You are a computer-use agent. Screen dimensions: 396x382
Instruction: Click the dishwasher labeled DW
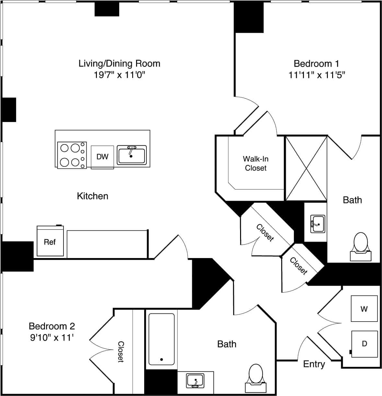[102, 157]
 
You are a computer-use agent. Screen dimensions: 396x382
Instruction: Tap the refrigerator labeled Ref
[50, 242]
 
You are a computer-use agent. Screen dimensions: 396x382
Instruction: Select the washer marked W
[364, 309]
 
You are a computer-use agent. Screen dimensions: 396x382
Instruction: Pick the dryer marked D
[365, 344]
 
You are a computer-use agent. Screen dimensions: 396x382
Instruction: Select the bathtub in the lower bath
[161, 339]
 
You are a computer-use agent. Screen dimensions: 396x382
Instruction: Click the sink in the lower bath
[195, 380]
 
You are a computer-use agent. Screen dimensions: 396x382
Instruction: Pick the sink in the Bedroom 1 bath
[318, 223]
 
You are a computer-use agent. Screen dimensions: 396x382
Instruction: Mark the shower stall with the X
[306, 168]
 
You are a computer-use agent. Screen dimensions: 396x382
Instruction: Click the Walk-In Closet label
[256, 164]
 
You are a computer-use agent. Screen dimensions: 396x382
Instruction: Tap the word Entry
[314, 364]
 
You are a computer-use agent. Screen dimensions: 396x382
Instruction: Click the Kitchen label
[92, 196]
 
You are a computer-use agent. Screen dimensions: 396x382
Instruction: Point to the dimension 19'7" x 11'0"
[119, 75]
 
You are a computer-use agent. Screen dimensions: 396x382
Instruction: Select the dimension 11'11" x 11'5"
[317, 75]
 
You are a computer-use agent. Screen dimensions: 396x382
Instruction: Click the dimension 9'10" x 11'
[52, 338]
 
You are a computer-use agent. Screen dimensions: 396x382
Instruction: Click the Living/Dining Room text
[119, 63]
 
